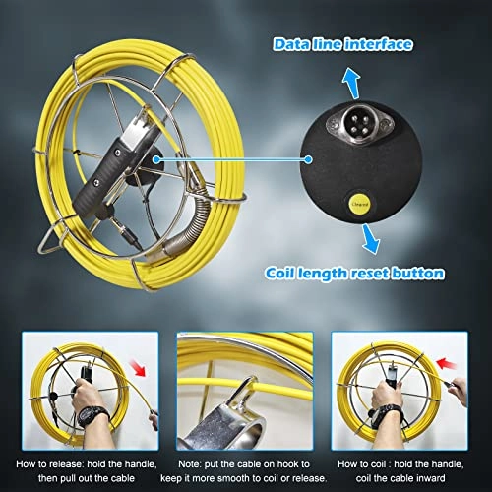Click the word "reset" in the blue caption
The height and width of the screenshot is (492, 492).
click(392, 273)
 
